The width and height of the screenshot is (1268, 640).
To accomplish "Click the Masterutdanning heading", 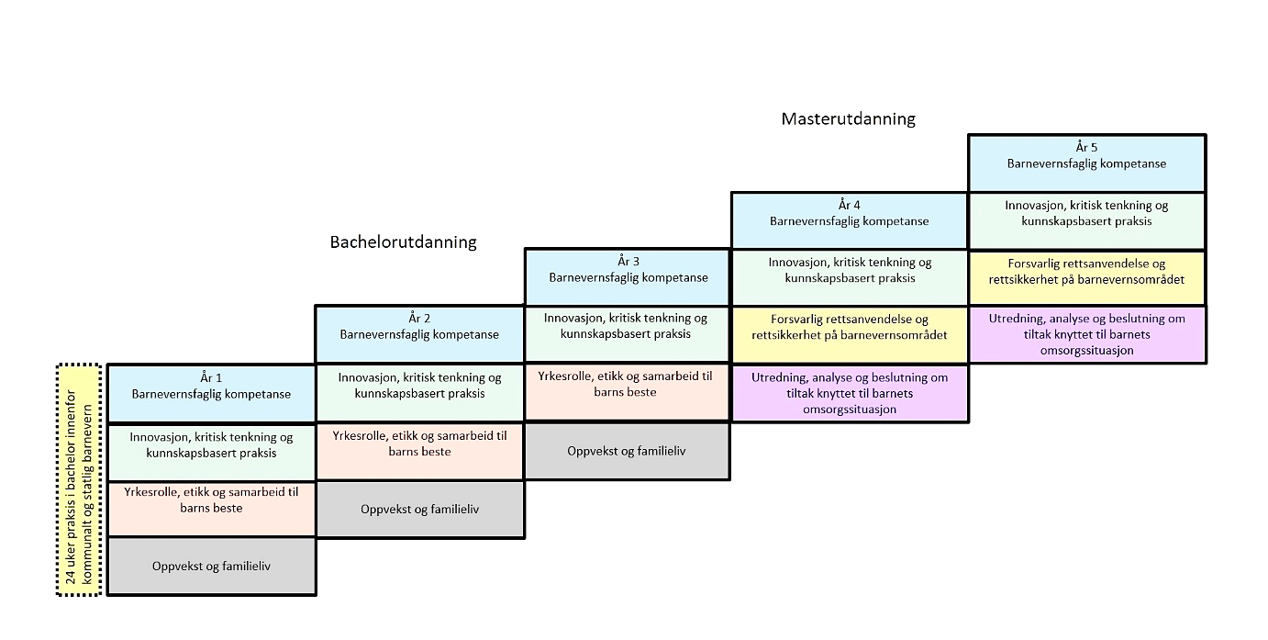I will click(848, 118).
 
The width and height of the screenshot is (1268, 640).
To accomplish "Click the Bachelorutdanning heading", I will click(403, 242).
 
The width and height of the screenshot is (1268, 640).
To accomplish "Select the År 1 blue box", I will click(211, 387).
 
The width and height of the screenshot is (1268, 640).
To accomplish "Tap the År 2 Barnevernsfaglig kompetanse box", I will click(419, 327).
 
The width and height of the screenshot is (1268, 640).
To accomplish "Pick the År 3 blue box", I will click(628, 270).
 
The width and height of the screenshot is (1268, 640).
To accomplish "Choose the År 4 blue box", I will click(849, 213).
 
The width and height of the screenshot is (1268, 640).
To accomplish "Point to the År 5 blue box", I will click(1086, 156).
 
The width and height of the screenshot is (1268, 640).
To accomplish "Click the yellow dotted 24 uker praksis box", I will click(78, 479).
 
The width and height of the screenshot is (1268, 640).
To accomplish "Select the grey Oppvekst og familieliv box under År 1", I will click(211, 567).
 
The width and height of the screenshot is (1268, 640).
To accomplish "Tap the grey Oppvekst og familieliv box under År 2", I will click(419, 509).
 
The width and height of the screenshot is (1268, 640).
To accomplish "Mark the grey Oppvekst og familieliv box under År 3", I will click(628, 451).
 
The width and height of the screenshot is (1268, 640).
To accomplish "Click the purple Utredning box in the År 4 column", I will click(849, 394).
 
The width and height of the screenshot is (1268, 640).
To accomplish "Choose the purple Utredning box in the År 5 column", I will click(1086, 334).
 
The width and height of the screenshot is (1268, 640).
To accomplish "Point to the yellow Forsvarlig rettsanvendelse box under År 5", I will click(1086, 272).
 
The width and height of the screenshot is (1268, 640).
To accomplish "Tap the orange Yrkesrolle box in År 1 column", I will click(211, 500).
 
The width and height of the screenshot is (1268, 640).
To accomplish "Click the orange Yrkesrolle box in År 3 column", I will click(628, 385).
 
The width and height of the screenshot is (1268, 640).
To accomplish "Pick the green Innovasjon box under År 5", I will click(1086, 214).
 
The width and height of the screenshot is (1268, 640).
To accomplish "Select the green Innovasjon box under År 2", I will click(419, 386).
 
